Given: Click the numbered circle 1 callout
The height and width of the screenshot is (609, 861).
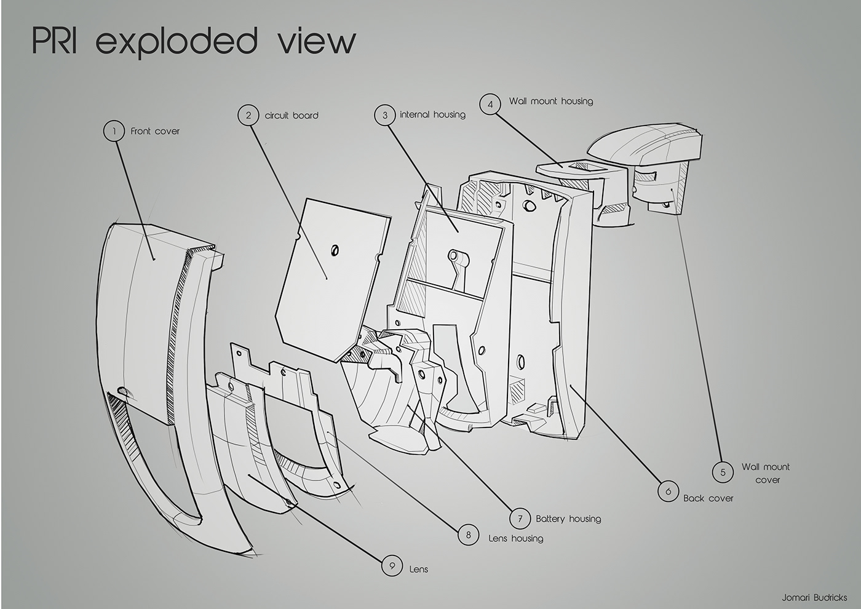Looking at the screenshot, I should [114, 131].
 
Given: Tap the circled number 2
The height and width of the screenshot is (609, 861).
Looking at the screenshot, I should [248, 115].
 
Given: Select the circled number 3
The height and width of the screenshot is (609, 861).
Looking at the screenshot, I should [385, 115].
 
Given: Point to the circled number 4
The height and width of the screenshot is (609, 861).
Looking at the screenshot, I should [490, 104].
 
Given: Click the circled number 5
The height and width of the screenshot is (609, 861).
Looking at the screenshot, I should [723, 472].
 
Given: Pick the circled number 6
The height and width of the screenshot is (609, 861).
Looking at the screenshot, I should [668, 492].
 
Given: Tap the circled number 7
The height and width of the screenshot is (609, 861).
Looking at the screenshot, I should [520, 519].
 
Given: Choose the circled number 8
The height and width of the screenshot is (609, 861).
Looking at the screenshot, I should [468, 535].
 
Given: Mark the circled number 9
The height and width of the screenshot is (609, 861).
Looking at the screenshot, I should [392, 565].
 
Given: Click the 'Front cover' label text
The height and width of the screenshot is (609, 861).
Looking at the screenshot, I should [155, 131].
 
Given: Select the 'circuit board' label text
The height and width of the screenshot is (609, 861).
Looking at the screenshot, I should [292, 115].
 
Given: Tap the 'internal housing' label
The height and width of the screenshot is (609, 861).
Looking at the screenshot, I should [432, 114].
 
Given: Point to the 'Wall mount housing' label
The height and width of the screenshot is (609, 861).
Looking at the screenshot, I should [550, 101].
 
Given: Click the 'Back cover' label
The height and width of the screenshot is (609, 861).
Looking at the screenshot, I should [708, 498].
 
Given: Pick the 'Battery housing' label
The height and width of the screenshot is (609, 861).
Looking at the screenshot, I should [568, 519].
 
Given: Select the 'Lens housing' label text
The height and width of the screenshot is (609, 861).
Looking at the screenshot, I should [515, 538].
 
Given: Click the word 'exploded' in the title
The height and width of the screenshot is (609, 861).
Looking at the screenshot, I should [177, 42].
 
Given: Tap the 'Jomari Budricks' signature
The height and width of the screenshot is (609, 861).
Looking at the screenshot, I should [814, 597].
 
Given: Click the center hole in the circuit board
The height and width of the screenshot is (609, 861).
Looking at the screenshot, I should [335, 250].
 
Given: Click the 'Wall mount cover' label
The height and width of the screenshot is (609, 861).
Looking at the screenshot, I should [766, 473].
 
